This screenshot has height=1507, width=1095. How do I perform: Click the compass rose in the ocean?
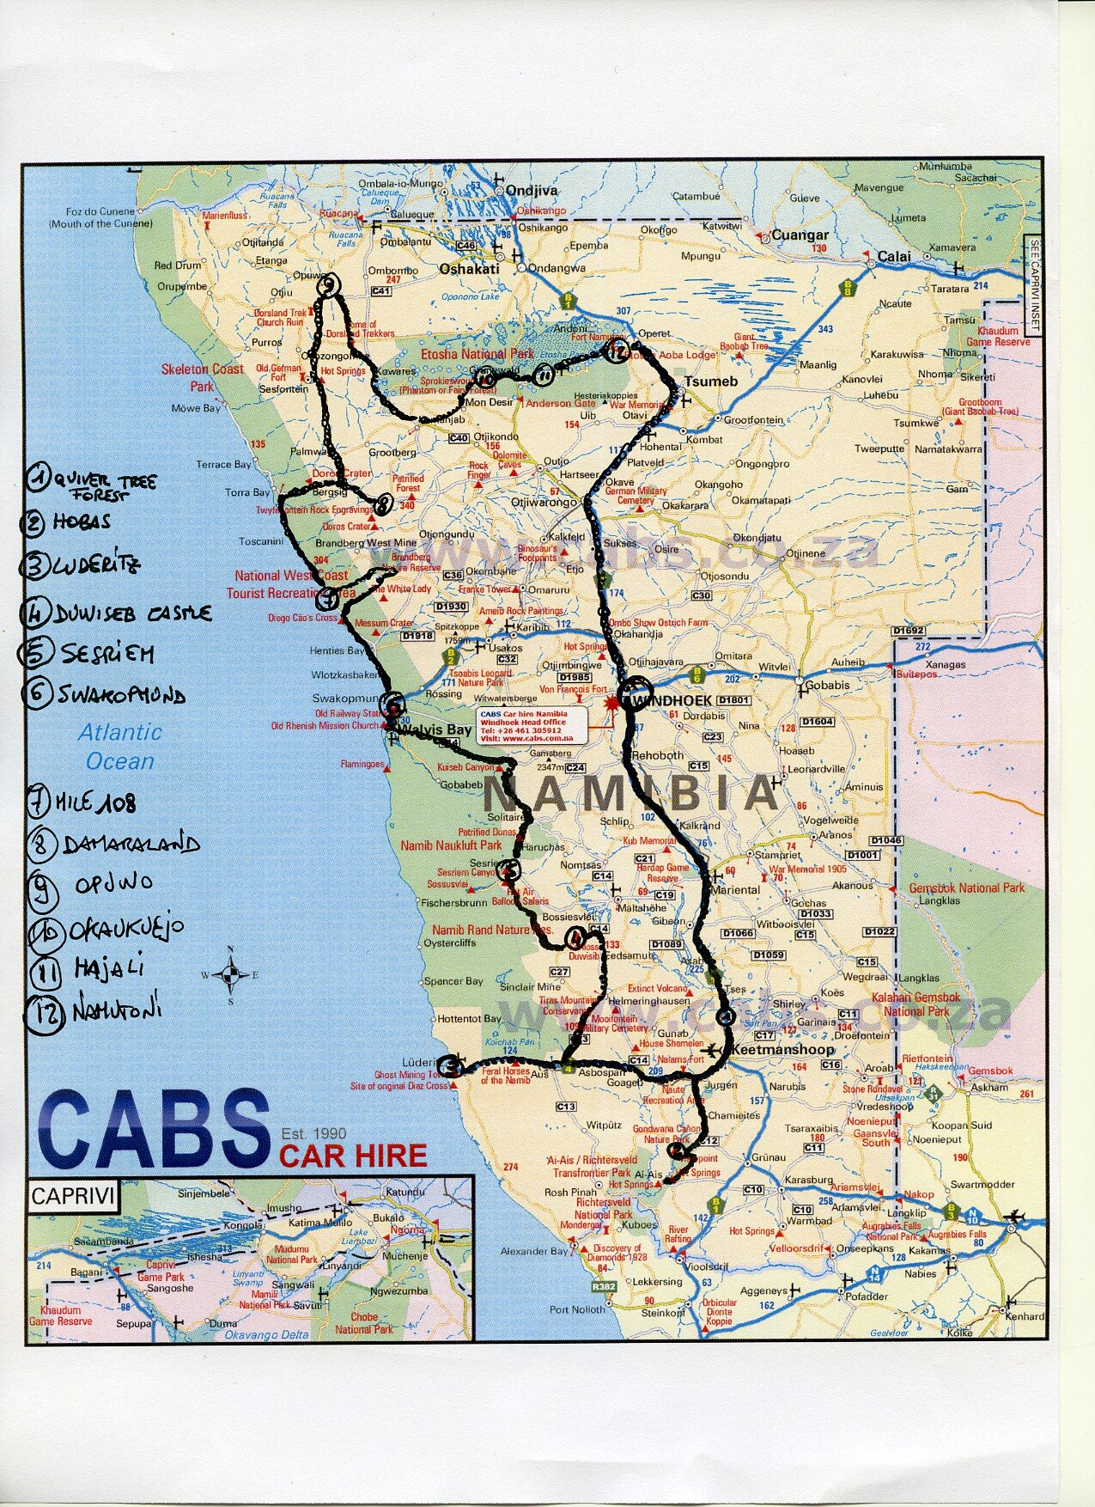pos(230,974)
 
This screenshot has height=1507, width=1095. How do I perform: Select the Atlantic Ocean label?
pos(119,747)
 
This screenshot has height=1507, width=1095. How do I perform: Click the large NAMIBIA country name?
pos(631,794)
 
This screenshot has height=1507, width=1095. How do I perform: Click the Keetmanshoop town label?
pos(771,1050)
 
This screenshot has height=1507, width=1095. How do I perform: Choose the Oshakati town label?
pos(468,268)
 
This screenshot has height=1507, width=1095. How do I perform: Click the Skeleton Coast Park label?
pos(203,377)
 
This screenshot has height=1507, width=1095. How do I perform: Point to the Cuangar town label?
pos(800,235)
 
